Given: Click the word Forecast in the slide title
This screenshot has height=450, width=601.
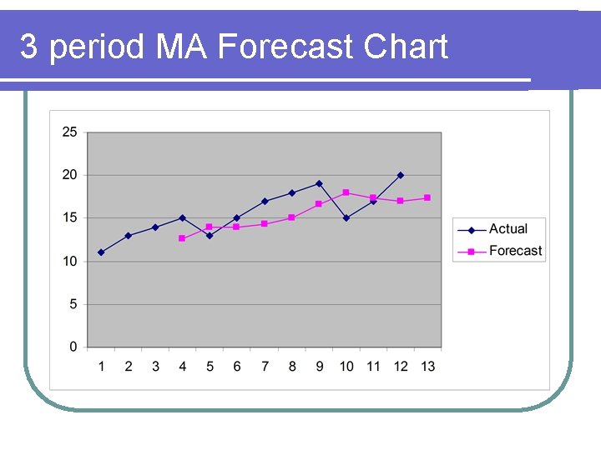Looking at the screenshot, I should [x=286, y=47].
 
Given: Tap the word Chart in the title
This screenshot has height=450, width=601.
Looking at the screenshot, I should [x=407, y=47].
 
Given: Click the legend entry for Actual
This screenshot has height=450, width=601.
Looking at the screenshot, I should [x=508, y=229].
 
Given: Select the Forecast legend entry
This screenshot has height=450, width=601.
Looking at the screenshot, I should [x=515, y=251].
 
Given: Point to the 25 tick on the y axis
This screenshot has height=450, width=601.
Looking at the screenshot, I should [x=69, y=132].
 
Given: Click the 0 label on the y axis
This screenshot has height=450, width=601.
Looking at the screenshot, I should [x=73, y=347].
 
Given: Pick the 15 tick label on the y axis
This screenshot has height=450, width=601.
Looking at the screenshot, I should [x=69, y=218].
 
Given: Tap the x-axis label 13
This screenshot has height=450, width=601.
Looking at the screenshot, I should [x=427, y=367].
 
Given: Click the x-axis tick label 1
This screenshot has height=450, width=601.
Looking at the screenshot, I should [x=101, y=367].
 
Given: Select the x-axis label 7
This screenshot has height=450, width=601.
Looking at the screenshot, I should [x=265, y=367].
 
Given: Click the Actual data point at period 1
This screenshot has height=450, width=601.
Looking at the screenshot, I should [x=101, y=252].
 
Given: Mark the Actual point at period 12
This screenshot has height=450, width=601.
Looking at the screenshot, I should [x=401, y=175].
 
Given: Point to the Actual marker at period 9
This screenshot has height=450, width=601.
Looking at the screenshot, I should [x=319, y=183].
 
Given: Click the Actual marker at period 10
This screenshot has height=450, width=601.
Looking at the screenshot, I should [x=346, y=218].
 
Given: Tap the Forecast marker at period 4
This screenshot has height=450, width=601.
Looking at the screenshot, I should [x=182, y=238].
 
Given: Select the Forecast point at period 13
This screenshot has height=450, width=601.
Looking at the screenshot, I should [x=427, y=197].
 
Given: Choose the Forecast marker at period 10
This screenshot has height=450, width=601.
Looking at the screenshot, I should [x=346, y=192].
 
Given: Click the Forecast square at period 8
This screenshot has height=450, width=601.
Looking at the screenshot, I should [x=291, y=217].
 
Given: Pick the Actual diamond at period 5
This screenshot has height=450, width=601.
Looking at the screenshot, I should [x=210, y=235].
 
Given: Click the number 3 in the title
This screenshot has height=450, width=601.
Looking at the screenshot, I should [x=29, y=47].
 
